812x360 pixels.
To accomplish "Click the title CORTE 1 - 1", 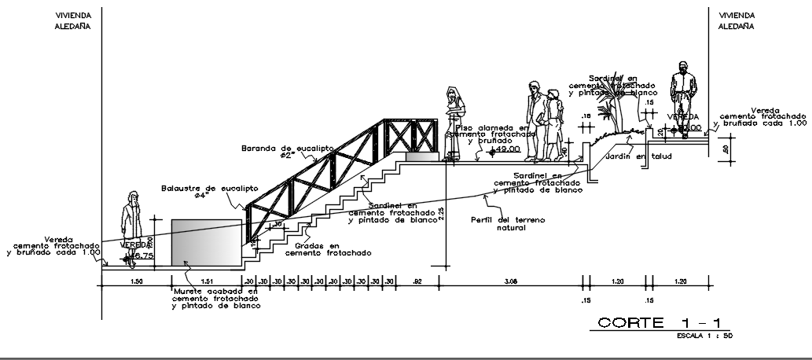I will (663, 323).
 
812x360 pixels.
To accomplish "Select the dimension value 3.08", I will (511, 281).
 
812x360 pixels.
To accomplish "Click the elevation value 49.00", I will (507, 149).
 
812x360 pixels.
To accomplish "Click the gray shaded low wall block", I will (206, 243).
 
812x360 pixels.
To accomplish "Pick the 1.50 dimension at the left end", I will (136, 281).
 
